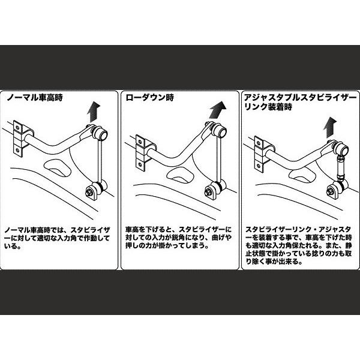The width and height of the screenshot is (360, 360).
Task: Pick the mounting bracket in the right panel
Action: coord(259,149)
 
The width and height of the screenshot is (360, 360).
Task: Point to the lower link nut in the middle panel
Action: coord(208,193)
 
